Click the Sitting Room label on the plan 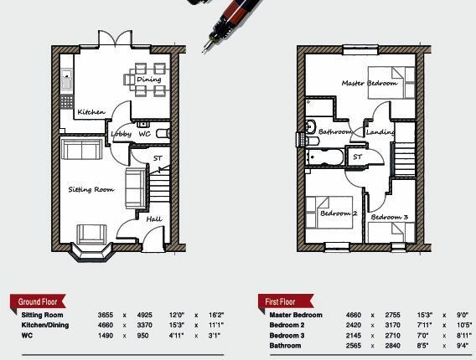pos(91,190)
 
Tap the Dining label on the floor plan pos(148,80)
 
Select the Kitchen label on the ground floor pos(91,112)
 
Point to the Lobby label pos(120,134)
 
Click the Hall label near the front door pos(153,219)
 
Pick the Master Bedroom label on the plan pos(369,83)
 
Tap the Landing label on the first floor pos(380,131)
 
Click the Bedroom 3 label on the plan pos(389,218)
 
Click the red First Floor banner pos(282,301)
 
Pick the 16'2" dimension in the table pos(215,315)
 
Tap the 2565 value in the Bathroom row pos(354,345)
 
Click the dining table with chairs pos(146,81)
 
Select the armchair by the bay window pos(91,234)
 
